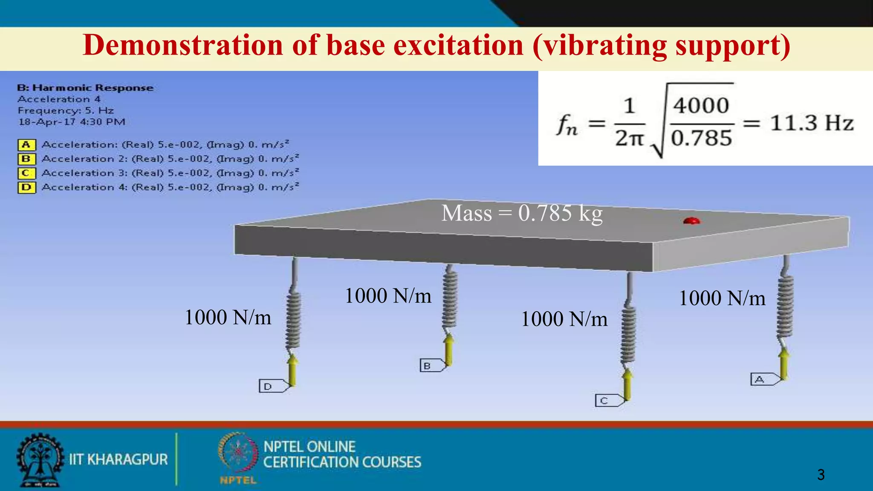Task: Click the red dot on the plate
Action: (691, 221)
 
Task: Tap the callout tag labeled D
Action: (272, 386)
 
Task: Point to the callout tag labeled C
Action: (607, 401)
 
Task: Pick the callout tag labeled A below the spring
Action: (763, 379)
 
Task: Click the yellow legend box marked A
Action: (26, 145)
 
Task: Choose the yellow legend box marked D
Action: (26, 188)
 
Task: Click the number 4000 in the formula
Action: (701, 106)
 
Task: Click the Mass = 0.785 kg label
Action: (522, 213)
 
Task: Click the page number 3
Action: (821, 474)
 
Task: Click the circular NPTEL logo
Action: (238, 454)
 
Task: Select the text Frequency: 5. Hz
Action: (66, 111)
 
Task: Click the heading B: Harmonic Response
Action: (85, 88)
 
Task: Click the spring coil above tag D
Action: (293, 320)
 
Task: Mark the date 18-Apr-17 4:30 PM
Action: (72, 122)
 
